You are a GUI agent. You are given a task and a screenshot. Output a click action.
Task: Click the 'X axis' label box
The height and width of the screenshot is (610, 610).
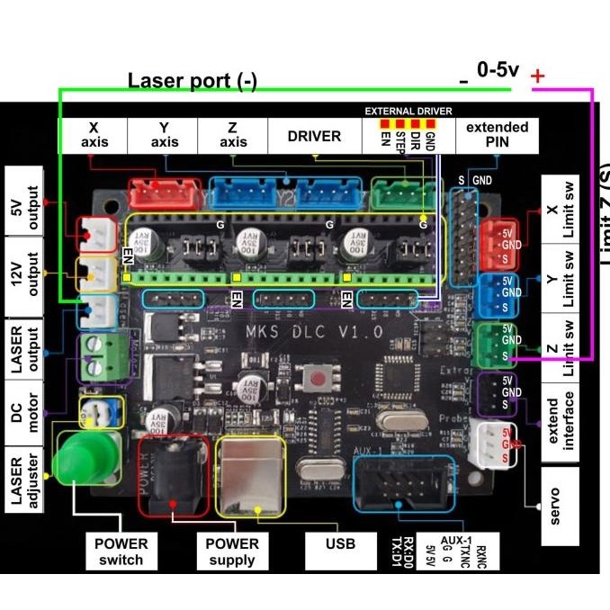coord(94,136)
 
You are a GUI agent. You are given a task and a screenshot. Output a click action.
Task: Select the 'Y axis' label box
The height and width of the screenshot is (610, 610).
coord(165,136)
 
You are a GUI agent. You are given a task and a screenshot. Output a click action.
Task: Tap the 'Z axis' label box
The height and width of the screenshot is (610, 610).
coord(233,136)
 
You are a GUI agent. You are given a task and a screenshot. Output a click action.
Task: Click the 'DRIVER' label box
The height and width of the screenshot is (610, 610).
coord(314,137)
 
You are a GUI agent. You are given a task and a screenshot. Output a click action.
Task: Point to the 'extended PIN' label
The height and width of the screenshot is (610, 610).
coord(497,135)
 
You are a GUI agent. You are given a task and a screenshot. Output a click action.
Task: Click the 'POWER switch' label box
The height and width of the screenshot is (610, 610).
coord(121,552)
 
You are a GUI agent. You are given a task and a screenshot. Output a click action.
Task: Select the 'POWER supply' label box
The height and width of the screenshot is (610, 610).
coord(231,552)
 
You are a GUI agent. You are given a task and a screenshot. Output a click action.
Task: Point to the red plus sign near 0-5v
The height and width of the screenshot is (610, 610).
coord(538,76)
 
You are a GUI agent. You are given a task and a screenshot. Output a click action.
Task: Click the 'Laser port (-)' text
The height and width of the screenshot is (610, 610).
coord(192,81)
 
